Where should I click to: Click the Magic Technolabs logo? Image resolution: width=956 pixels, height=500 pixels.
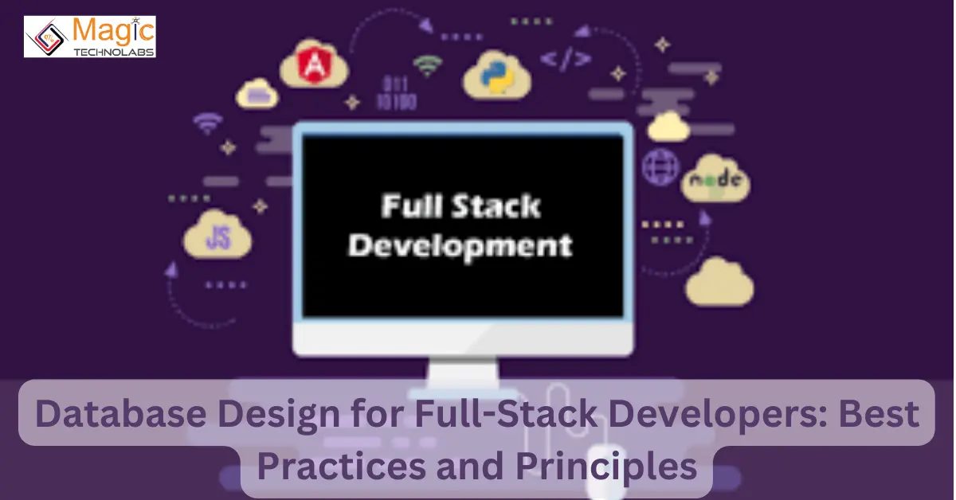click(89, 37)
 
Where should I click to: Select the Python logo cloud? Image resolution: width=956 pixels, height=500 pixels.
click(498, 74)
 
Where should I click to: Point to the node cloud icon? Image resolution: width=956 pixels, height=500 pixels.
click(715, 180)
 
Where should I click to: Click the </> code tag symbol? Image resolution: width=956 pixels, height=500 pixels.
click(566, 58)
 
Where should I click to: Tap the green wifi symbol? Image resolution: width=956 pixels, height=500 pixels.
click(429, 66)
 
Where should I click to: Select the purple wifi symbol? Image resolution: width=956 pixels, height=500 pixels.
click(209, 123)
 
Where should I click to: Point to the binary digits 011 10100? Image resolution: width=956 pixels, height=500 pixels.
click(397, 93)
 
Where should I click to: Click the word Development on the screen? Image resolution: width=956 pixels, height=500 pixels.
click(460, 244)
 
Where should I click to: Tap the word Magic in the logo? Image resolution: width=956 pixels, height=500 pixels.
click(113, 29)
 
